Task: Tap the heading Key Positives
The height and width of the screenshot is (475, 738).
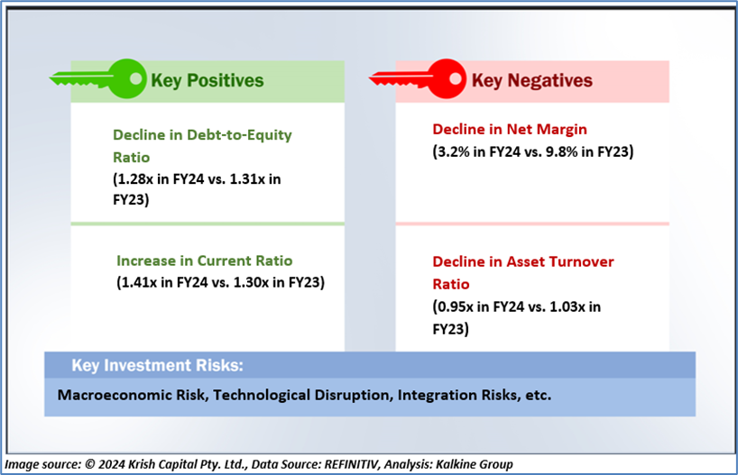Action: click(208, 80)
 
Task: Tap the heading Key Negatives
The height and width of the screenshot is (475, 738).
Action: click(532, 80)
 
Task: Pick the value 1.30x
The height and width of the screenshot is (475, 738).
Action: click(251, 283)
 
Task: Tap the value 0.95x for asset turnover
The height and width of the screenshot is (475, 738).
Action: click(455, 306)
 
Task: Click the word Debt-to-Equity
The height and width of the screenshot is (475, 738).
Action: click(239, 135)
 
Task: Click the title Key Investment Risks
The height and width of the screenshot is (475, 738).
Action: click(157, 365)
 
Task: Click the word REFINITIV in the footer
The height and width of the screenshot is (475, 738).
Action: click(351, 465)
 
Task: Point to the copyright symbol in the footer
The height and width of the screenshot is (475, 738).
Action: click(90, 465)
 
